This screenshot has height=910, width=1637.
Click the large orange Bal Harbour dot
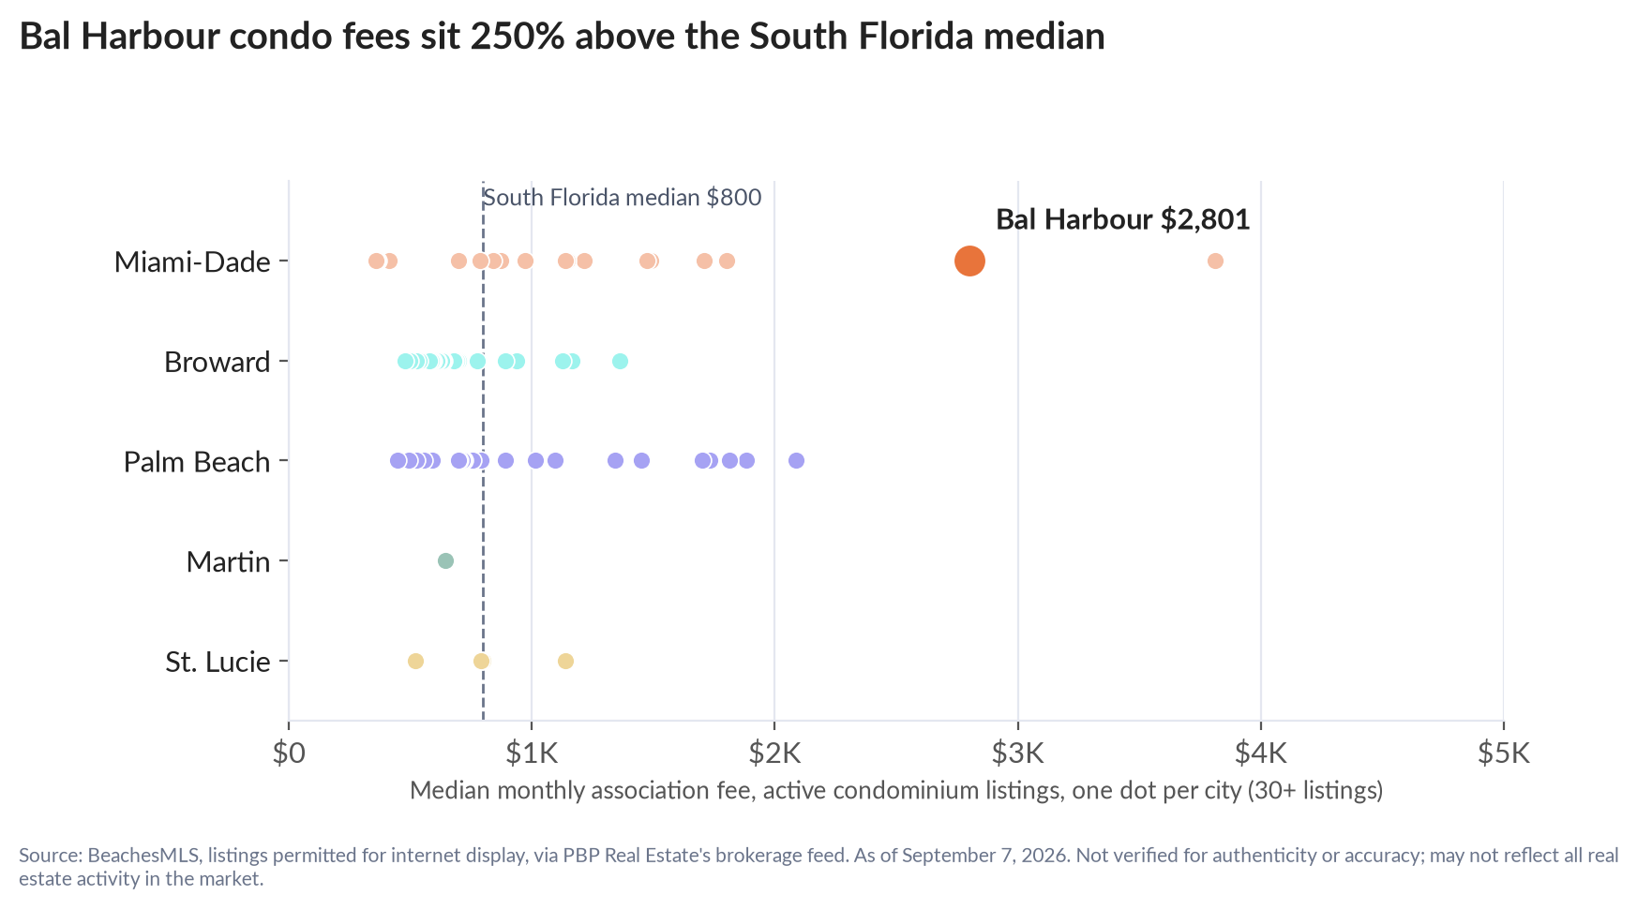click(x=969, y=261)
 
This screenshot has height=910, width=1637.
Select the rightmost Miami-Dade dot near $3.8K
click(x=1215, y=261)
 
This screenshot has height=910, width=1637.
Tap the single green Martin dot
click(x=445, y=560)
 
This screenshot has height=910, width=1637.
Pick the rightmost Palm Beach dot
click(x=796, y=460)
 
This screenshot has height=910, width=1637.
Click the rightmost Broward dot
click(x=620, y=361)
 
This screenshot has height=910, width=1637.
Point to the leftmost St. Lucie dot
click(x=415, y=661)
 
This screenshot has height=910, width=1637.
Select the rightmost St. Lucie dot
click(x=565, y=661)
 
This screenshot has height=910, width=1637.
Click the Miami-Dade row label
click(x=192, y=261)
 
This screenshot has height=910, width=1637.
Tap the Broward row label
click(x=218, y=362)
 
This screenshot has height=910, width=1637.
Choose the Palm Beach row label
click(x=197, y=462)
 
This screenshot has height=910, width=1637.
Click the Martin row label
click(x=228, y=562)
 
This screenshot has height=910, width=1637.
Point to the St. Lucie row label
click(x=218, y=663)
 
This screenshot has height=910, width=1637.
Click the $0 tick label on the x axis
click(x=289, y=753)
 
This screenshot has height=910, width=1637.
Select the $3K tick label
click(x=1018, y=753)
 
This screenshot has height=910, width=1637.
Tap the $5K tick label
click(x=1504, y=753)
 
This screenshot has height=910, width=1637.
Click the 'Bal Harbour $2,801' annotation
click(x=1123, y=219)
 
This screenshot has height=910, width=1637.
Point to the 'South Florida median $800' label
click(x=622, y=198)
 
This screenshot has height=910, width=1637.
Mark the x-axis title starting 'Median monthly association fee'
click(x=896, y=791)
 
